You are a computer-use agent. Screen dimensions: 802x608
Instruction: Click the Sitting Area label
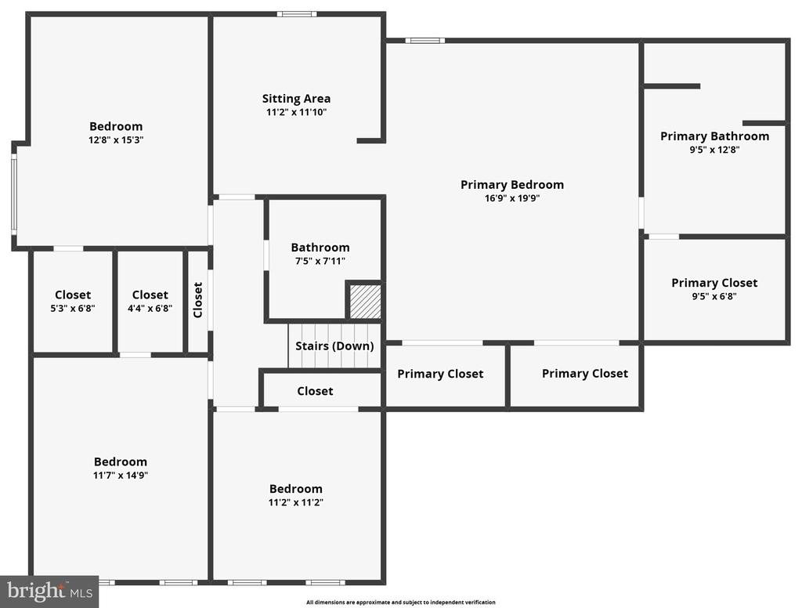tap(296, 98)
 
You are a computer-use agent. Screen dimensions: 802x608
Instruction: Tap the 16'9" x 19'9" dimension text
tap(512, 198)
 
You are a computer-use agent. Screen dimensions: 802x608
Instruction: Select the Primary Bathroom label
tap(714, 136)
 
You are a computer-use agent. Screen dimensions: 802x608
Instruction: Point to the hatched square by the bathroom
tap(365, 302)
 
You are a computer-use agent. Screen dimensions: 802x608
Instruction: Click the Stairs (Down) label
tap(334, 346)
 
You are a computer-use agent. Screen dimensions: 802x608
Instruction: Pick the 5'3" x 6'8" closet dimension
tap(73, 308)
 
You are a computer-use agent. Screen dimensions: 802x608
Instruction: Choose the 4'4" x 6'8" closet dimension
tap(150, 308)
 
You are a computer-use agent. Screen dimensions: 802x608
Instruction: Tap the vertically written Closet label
tap(198, 300)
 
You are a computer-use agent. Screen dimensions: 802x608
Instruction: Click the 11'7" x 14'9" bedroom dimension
tap(120, 475)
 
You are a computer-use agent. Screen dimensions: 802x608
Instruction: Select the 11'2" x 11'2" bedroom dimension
tap(295, 502)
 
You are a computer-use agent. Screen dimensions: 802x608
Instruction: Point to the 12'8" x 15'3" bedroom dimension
tap(116, 139)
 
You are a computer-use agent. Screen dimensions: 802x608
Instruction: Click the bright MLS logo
tap(49, 592)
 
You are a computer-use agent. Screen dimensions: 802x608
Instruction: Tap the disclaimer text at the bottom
tap(401, 603)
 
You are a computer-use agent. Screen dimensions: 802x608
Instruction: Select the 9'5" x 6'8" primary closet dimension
tap(714, 296)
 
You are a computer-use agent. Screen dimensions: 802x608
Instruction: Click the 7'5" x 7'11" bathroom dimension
tap(320, 260)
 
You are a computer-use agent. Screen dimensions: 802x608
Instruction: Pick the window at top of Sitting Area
tap(297, 14)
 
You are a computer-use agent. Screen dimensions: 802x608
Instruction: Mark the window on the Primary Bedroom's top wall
tap(425, 41)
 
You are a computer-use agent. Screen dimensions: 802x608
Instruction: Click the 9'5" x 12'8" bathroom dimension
tap(714, 150)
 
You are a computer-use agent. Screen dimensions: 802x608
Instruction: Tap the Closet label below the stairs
tap(315, 391)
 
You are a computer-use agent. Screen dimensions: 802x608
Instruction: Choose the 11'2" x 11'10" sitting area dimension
tap(296, 112)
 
